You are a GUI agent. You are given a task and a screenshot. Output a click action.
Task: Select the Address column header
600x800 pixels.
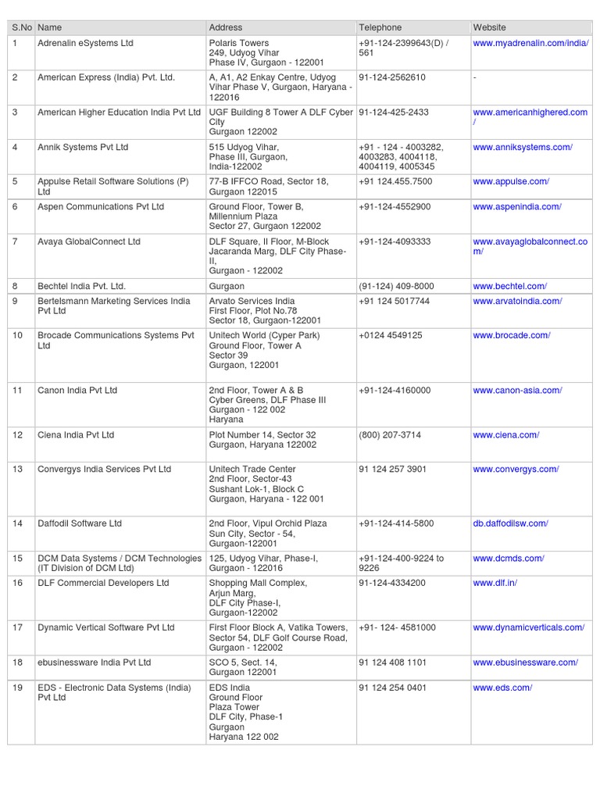pyautogui.click(x=226, y=27)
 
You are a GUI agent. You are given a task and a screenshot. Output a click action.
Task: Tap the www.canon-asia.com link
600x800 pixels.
pyautogui.click(x=517, y=390)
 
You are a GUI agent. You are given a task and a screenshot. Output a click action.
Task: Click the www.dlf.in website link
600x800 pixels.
pyautogui.click(x=495, y=583)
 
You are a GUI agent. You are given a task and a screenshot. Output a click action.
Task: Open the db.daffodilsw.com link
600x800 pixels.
pyautogui.click(x=510, y=523)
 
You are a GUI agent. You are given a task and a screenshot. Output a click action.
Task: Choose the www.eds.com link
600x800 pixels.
pyautogui.click(x=502, y=687)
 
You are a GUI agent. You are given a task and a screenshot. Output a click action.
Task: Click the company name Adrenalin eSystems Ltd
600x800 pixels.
pyautogui.click(x=85, y=43)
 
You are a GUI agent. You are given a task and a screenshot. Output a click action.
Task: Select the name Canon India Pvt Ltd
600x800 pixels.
pyautogui.click(x=77, y=390)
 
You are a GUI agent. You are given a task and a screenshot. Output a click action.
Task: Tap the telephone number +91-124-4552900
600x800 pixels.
pyautogui.click(x=395, y=207)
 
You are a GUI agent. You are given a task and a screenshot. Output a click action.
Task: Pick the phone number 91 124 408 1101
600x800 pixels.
pyautogui.click(x=393, y=662)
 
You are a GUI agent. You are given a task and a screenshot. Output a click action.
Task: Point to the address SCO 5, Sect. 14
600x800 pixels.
pyautogui.click(x=243, y=662)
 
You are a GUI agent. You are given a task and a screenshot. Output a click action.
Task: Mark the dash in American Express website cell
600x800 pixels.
pyautogui.click(x=475, y=77)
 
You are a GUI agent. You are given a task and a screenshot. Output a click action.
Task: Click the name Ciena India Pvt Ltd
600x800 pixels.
pyautogui.click(x=76, y=435)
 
